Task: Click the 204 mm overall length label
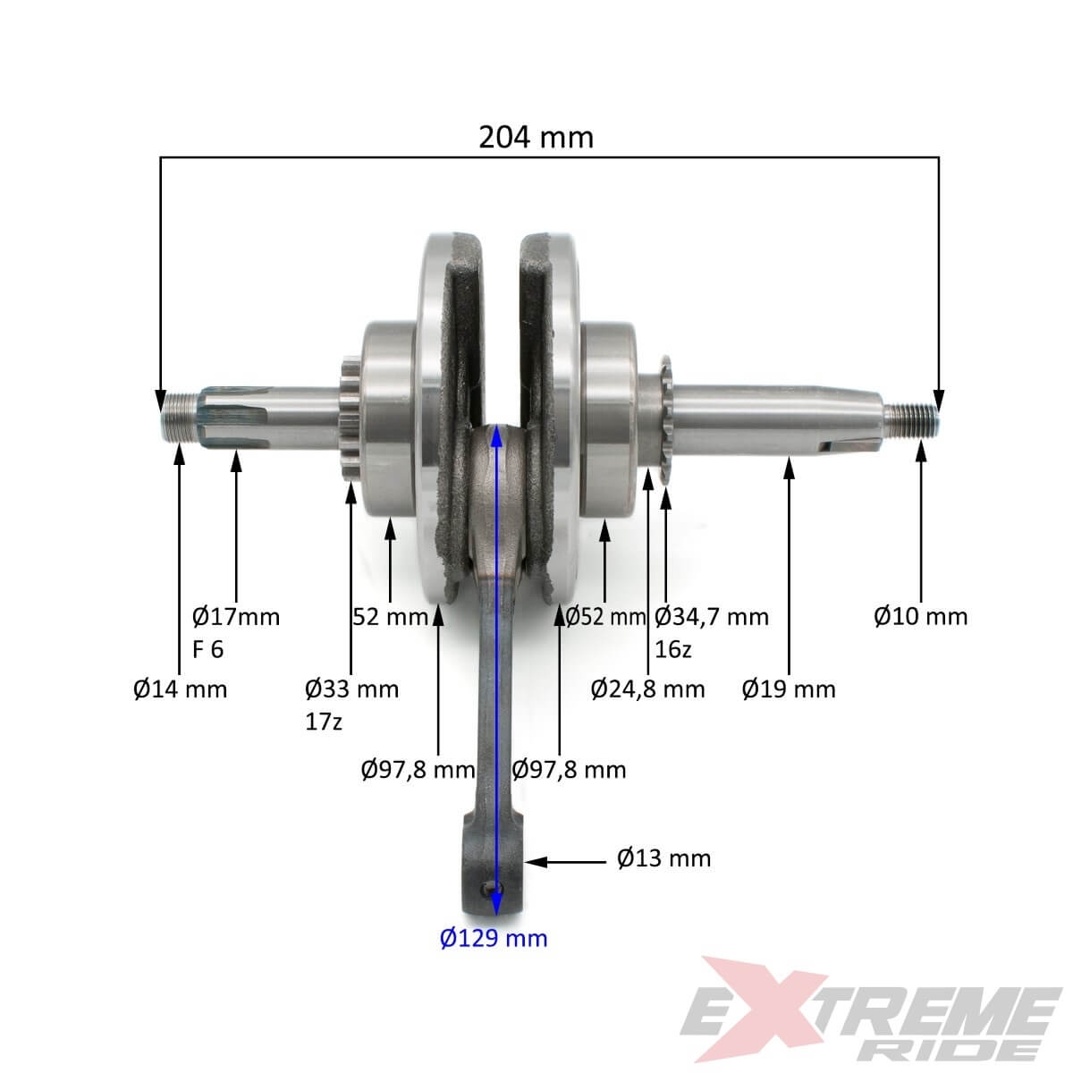coord(536,137)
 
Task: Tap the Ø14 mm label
coord(181,689)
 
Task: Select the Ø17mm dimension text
coord(236,617)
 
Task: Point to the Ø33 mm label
coord(352,689)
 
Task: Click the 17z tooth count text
coord(324,722)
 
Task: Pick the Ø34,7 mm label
coord(712,617)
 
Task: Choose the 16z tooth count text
coord(672,649)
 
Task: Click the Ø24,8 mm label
coord(648,689)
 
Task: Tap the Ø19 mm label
coord(789,689)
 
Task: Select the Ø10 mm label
coord(921,616)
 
